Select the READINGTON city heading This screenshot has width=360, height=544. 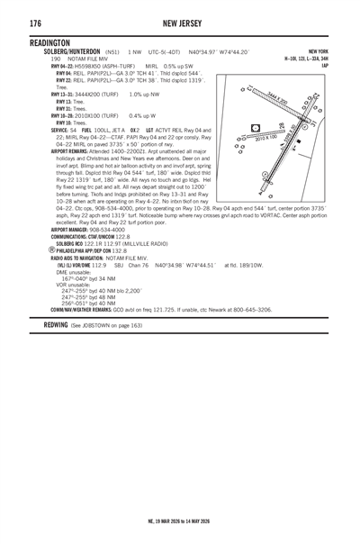tap(49, 43)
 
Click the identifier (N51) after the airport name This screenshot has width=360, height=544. tap(113, 52)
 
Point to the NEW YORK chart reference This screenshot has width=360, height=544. tap(319, 52)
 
